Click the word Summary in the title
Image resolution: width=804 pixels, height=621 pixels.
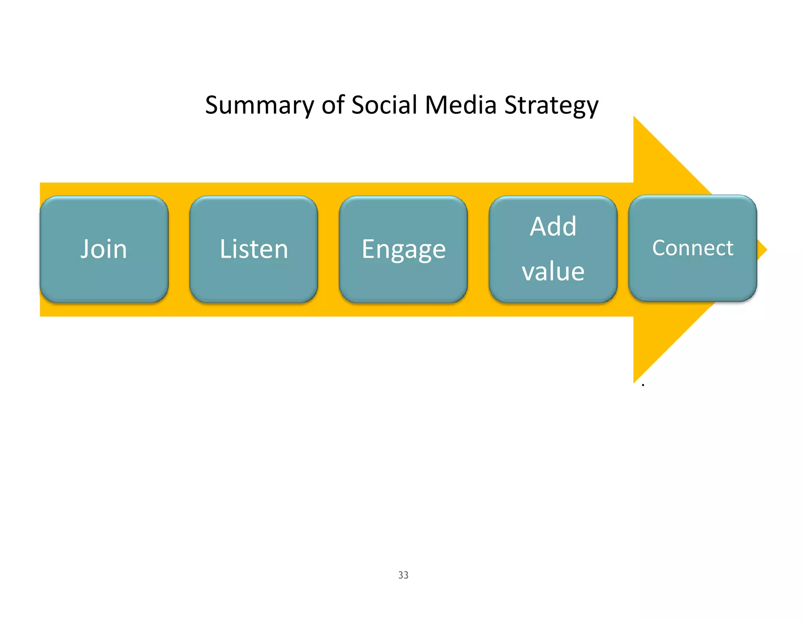pyautogui.click(x=259, y=106)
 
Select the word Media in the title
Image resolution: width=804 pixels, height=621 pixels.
pyautogui.click(x=461, y=105)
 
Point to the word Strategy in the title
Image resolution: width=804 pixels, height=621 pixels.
pyautogui.click(x=551, y=106)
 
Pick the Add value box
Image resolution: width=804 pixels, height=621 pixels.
pyautogui.click(x=553, y=249)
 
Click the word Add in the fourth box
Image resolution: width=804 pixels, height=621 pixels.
pyautogui.click(x=553, y=226)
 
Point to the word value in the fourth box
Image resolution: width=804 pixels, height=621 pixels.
pyautogui.click(x=553, y=271)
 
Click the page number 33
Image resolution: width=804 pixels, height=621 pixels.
pyautogui.click(x=403, y=575)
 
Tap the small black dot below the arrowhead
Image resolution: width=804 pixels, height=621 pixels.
pyautogui.click(x=643, y=385)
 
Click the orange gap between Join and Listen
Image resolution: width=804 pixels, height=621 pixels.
pyautogui.click(x=179, y=249)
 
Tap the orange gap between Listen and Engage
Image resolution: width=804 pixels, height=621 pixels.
pyautogui.click(x=329, y=249)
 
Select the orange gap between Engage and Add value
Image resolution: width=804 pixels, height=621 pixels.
pyautogui.click(x=478, y=249)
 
